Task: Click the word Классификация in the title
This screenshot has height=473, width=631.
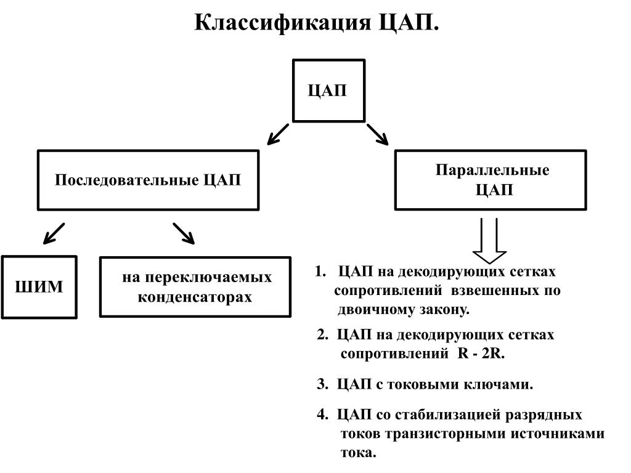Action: coord(282,23)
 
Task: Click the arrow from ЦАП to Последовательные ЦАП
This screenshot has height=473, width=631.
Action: coord(278,134)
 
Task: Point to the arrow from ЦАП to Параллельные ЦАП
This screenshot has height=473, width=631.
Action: coord(378,134)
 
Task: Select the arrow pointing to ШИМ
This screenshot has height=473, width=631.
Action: coord(54,233)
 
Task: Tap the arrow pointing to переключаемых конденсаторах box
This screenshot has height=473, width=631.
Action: coord(184,233)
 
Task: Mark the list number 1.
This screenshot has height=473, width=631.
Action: coord(320,272)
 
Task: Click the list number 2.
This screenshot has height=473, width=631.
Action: coord(322,334)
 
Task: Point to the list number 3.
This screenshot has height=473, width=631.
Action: coord(322,384)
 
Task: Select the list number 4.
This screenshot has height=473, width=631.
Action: coord(322,414)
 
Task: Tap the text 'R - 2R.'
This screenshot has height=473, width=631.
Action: coord(481,354)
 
